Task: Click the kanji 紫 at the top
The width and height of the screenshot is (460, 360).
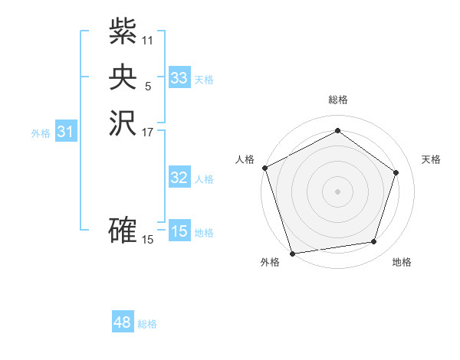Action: click(123, 32)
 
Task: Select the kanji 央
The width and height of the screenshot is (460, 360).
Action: click(123, 79)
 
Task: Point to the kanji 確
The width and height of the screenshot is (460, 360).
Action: click(123, 231)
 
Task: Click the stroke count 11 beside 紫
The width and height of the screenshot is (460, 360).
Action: click(148, 38)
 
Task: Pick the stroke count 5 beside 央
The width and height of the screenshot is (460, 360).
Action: click(148, 86)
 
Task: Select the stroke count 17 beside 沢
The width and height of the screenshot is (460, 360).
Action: click(148, 132)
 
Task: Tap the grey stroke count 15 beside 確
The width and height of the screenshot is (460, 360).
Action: click(148, 240)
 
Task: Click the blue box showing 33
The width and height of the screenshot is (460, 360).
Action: click(179, 78)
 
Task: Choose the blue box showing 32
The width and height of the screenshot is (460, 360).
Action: click(179, 178)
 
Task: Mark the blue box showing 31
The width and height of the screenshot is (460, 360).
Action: click(66, 132)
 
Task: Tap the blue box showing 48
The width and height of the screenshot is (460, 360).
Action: click(123, 322)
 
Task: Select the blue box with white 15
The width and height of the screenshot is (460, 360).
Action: click(179, 231)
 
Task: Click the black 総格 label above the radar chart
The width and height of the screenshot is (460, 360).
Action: click(337, 100)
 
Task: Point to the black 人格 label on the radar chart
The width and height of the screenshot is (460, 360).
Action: click(245, 159)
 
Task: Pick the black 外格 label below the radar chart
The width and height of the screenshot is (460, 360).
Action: click(270, 262)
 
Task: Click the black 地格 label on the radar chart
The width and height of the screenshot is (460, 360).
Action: click(402, 262)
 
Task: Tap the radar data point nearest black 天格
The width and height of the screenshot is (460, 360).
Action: click(396, 172)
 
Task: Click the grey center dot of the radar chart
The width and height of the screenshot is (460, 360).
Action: click(337, 191)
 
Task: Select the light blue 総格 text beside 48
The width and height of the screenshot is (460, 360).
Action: click(147, 324)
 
